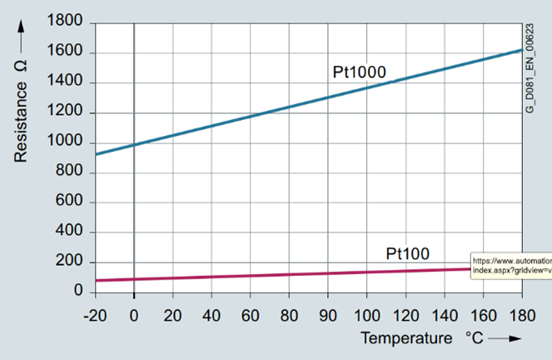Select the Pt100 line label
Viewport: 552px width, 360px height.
[x=408, y=252]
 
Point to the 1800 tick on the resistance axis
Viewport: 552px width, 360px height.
[x=66, y=23]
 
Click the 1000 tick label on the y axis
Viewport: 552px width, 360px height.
[x=66, y=142]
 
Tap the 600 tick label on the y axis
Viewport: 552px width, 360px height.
[x=70, y=202]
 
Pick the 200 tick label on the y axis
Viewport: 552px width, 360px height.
[x=70, y=262]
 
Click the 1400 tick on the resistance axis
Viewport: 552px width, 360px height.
[x=66, y=82]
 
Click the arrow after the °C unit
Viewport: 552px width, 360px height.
[x=505, y=338]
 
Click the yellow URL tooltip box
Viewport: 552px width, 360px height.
[x=510, y=266]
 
